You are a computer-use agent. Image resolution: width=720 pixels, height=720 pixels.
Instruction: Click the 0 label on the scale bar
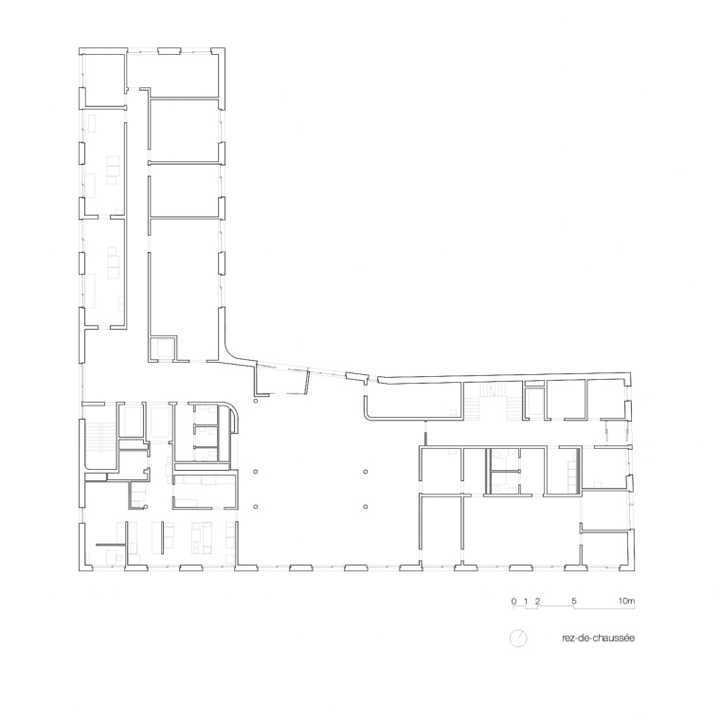[x=513, y=601]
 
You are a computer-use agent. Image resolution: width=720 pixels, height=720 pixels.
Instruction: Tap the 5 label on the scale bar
[x=574, y=601]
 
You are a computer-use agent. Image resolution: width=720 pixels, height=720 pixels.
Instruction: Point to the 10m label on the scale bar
[x=626, y=601]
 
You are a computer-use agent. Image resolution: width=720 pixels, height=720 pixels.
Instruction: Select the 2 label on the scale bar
[x=538, y=601]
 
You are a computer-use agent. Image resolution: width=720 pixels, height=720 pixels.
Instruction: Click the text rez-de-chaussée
[x=599, y=639]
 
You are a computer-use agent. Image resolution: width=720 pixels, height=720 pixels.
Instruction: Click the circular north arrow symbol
[x=518, y=639]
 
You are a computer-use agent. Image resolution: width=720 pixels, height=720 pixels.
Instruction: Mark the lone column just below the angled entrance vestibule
[x=255, y=401]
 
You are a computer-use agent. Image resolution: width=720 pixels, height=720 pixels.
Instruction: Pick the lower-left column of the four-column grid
[x=255, y=507]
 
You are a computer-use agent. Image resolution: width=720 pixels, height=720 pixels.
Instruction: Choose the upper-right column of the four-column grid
[x=366, y=472]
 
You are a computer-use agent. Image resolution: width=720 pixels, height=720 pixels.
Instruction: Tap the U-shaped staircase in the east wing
[x=494, y=402]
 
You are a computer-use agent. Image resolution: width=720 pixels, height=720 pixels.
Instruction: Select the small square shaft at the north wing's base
[x=163, y=349]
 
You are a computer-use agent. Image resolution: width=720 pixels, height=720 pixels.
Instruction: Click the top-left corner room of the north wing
[x=103, y=81]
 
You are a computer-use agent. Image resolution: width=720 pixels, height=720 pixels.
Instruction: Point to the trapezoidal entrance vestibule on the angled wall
[x=282, y=379]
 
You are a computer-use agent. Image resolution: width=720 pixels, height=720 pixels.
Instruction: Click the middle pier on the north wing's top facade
[x=170, y=51]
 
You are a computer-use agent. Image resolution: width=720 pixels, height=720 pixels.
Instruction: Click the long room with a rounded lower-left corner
[x=413, y=401]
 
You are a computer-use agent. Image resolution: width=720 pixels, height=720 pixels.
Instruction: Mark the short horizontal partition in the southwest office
[x=111, y=545]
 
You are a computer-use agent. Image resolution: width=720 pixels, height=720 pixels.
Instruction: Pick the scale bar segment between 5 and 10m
[x=604, y=608]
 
